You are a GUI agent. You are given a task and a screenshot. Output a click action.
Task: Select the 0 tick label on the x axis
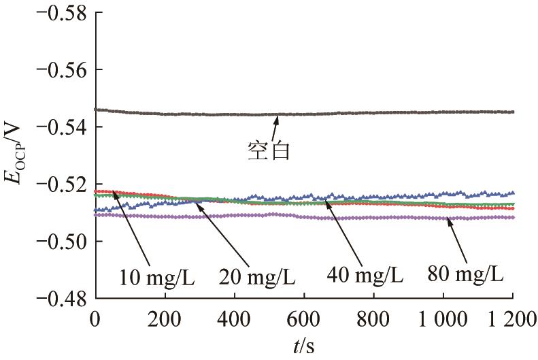[96, 318]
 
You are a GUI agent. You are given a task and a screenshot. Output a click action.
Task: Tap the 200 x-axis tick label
[165, 318]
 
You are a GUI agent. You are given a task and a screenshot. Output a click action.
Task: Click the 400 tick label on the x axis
[235, 318]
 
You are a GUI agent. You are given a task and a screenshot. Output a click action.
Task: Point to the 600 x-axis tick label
[304, 318]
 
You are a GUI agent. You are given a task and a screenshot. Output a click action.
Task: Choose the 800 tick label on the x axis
[373, 318]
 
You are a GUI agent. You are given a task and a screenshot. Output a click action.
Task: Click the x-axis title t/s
[304, 346]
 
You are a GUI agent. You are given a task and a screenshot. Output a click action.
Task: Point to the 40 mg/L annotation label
[366, 276]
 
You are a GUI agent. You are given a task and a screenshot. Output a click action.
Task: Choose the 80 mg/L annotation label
[465, 275]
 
